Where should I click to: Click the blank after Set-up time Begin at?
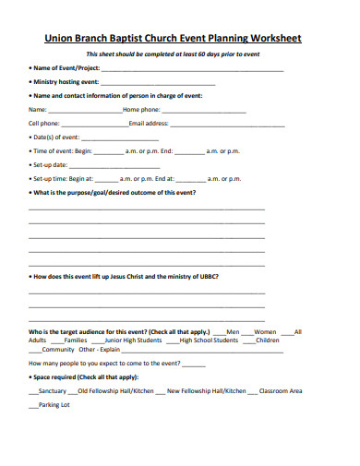(x=106, y=178)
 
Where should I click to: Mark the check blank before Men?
(x=219, y=331)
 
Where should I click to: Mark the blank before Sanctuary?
(x=33, y=391)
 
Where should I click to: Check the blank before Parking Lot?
(x=33, y=405)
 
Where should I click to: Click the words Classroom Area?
(x=281, y=391)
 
